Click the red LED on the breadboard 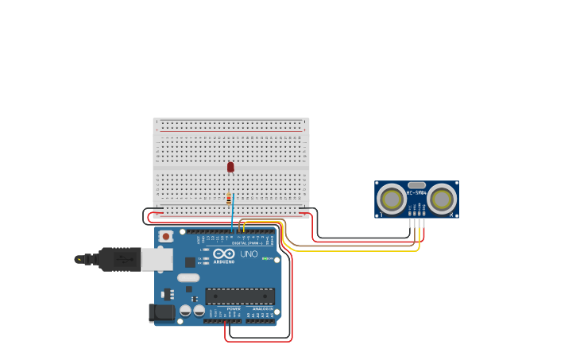tap(230, 167)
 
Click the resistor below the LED tap(229, 199)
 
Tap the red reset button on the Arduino tap(166, 236)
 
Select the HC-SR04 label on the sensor tap(416, 192)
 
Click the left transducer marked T tap(392, 199)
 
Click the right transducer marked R tap(443, 199)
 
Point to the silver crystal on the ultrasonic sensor tap(417, 184)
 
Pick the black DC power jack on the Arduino tap(162, 312)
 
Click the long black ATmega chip tap(240, 296)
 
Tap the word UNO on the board tap(249, 254)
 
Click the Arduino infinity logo tap(224, 254)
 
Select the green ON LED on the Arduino tap(265, 258)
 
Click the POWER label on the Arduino tap(234, 308)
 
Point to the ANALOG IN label tap(262, 308)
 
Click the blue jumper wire tap(233, 213)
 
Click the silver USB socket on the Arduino tap(157, 259)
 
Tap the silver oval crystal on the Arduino tap(188, 278)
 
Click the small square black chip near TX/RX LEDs tap(190, 262)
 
